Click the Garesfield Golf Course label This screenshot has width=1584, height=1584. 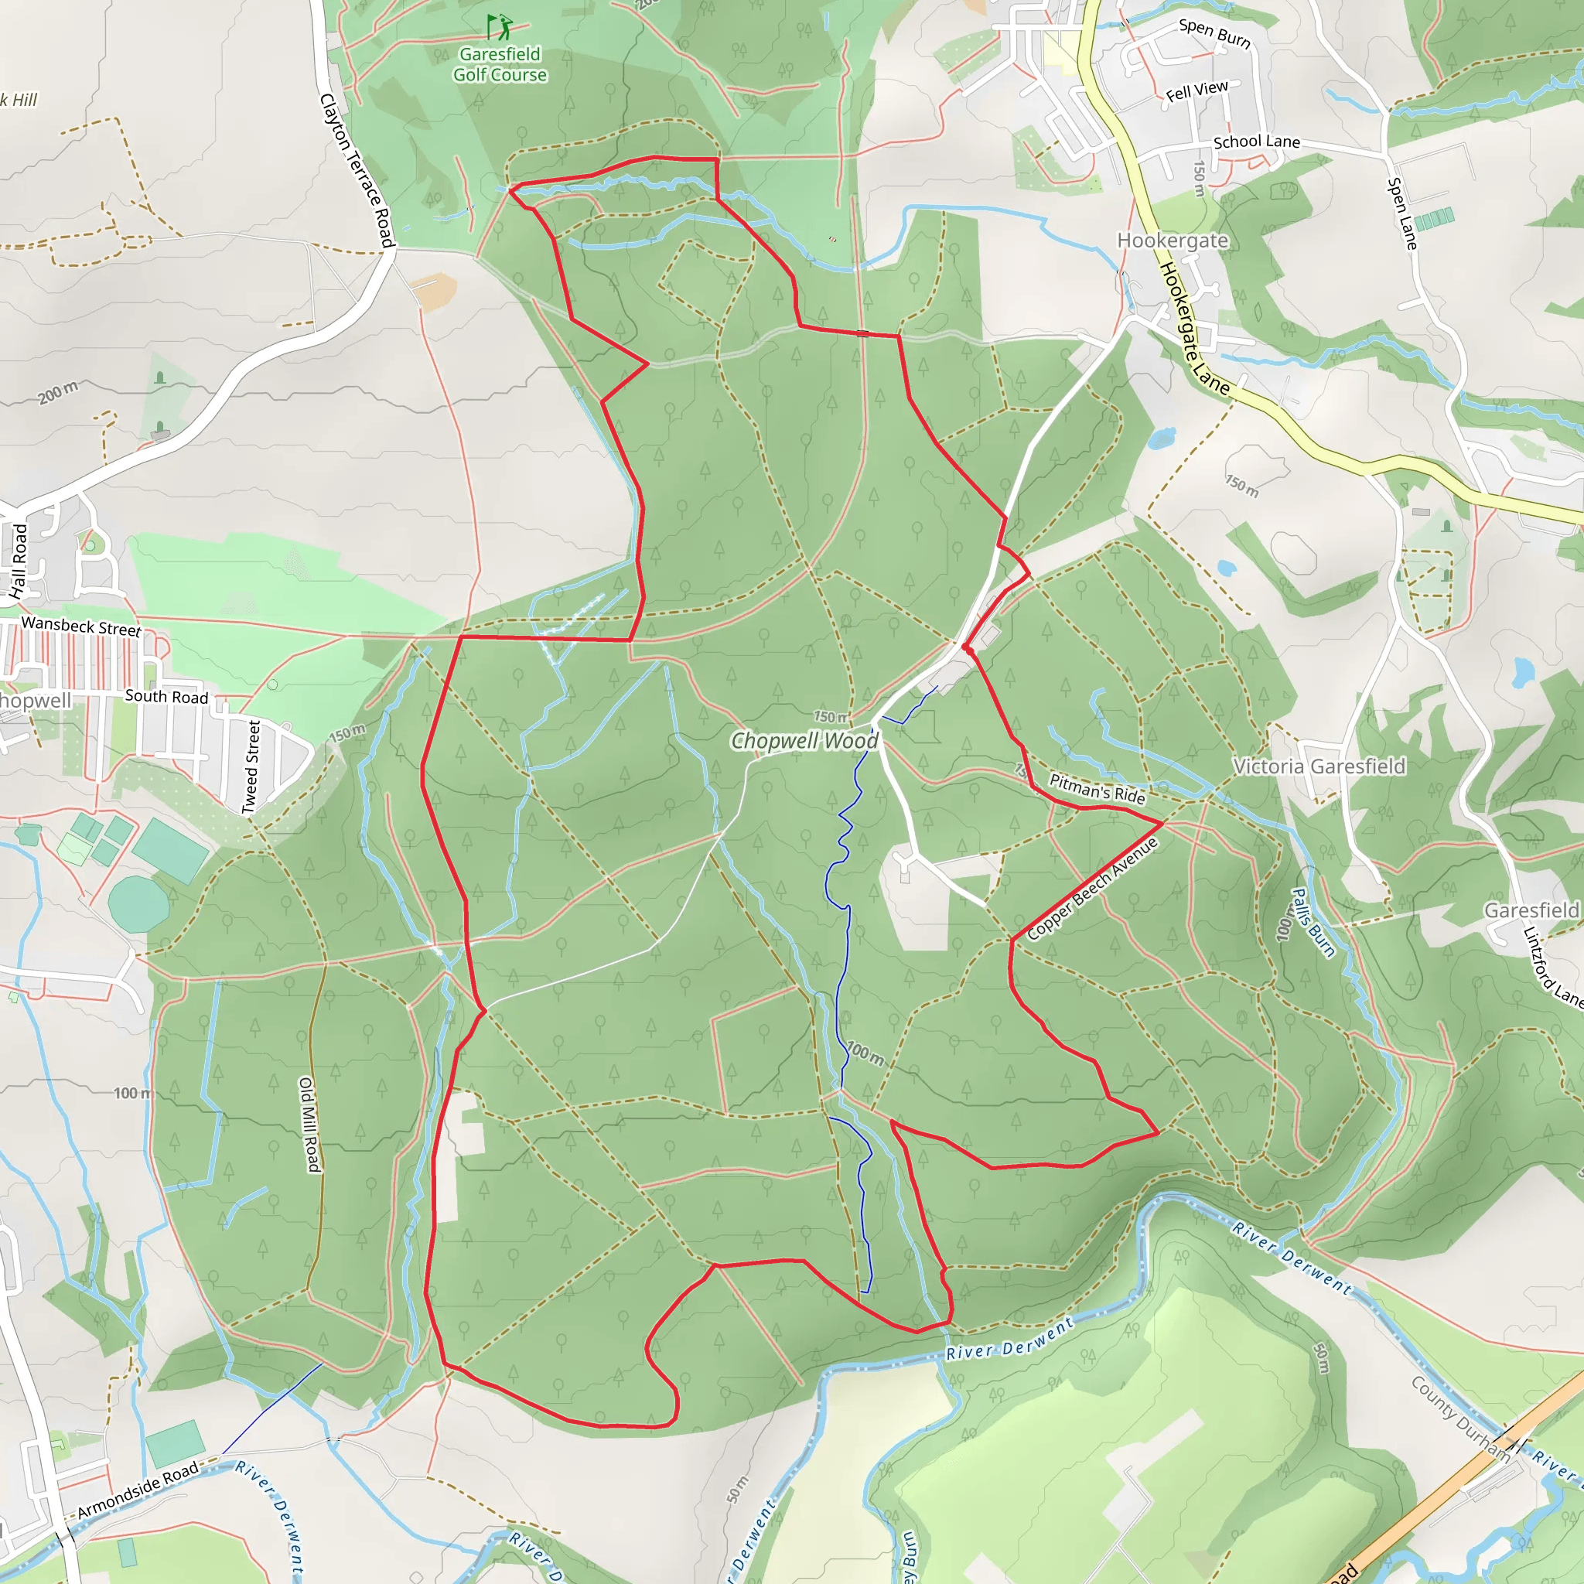(500, 65)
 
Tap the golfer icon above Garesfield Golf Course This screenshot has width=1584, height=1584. (499, 27)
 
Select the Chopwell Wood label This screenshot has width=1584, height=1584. (804, 741)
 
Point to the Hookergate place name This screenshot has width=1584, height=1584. (1173, 241)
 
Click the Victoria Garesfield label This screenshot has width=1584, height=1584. (1319, 766)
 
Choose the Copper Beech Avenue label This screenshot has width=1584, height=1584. (1092, 889)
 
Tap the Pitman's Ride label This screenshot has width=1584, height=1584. (1097, 789)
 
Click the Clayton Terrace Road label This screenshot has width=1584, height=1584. (357, 169)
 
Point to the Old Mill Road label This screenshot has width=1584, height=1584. (309, 1124)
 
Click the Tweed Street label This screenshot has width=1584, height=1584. (251, 767)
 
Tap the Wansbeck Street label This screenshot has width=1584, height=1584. (81, 626)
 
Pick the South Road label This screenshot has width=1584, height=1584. (166, 697)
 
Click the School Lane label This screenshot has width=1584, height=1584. (1256, 142)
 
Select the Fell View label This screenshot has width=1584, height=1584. (1197, 91)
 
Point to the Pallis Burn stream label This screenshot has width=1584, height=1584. (1313, 923)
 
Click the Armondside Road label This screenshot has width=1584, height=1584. (138, 1490)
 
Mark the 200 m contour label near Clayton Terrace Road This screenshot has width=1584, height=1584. (58, 393)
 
